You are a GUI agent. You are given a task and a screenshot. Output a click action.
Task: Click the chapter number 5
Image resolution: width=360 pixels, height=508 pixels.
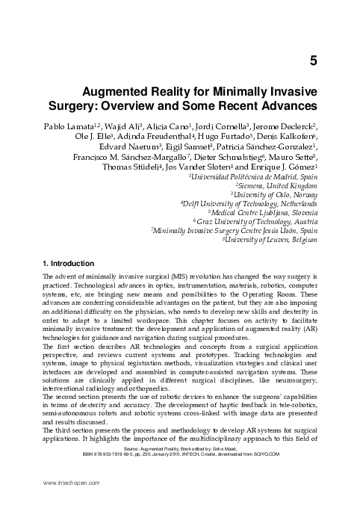tap(313, 60)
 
